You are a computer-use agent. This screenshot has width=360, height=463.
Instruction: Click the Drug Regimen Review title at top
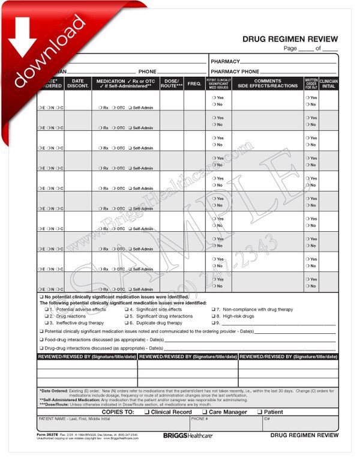pyautogui.click(x=290, y=39)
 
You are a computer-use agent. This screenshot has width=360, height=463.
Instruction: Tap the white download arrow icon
pyautogui.click(x=23, y=35)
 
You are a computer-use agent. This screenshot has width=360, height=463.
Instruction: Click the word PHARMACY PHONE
pyautogui.click(x=235, y=71)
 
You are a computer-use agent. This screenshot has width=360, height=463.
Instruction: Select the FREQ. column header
pyautogui.click(x=194, y=83)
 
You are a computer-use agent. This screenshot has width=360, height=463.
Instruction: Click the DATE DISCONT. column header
pyautogui.click(x=78, y=83)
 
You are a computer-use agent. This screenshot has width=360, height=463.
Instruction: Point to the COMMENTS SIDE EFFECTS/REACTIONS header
pyautogui.click(x=267, y=83)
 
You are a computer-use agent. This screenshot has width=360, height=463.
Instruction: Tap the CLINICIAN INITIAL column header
pyautogui.click(x=329, y=83)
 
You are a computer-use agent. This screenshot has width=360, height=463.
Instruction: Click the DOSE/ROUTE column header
pyautogui.click(x=172, y=83)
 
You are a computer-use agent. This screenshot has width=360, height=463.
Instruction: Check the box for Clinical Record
pyautogui.click(x=148, y=412)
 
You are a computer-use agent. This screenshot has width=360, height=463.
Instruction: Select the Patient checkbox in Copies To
pyautogui.click(x=260, y=412)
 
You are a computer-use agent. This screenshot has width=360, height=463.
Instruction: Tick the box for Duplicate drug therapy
pyautogui.click(x=127, y=322)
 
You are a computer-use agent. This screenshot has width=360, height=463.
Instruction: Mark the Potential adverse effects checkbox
pyautogui.click(x=46, y=309)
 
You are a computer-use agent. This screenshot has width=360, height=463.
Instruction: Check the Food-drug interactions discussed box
pyautogui.click(x=41, y=339)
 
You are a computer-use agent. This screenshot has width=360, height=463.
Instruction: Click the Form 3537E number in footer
pyautogui.click(x=49, y=434)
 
